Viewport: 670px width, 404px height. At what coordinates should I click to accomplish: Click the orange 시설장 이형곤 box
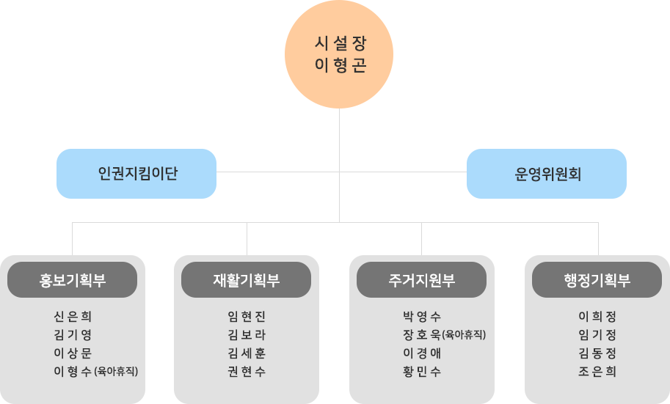339,54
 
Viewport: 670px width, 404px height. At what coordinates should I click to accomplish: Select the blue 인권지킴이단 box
136,174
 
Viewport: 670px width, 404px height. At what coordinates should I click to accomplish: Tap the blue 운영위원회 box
546,174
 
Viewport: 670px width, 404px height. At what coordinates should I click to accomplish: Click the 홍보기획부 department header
72,280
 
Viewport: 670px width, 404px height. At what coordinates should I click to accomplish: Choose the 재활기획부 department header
246,280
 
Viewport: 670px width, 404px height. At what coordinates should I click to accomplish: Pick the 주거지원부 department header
421,280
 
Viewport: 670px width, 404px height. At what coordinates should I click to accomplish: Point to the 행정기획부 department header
597,280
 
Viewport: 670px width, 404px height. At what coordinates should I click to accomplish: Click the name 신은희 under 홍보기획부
73,317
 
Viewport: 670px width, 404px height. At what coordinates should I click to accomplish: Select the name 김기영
73,335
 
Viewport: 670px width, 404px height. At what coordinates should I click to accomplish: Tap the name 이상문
73,353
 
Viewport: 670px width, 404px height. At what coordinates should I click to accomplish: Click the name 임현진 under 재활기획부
247,317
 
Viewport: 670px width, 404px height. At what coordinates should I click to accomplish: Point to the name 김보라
247,335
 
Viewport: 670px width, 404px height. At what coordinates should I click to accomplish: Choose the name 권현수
247,372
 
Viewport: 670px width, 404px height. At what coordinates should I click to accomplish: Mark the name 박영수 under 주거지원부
422,317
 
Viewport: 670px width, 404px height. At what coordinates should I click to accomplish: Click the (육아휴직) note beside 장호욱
464,335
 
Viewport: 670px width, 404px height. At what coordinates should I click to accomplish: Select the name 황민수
422,372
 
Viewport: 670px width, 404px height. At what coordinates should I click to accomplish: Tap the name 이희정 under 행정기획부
597,317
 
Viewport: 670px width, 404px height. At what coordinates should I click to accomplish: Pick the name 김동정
597,353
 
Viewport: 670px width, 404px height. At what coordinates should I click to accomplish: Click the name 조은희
597,372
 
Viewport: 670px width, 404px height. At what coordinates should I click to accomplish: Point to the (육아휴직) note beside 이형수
116,372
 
